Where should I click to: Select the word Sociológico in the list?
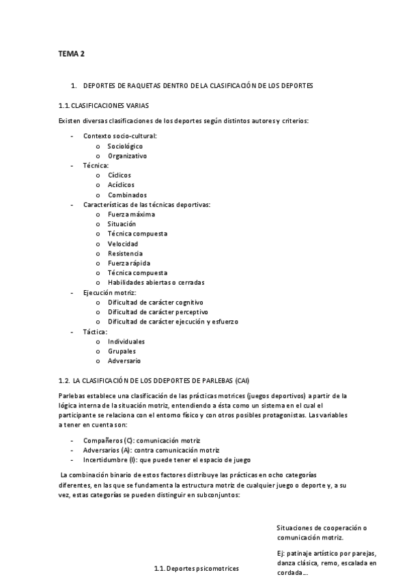point(125,146)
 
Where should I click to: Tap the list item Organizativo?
point(127,156)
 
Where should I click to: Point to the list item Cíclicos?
point(119,175)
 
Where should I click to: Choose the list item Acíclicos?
point(121,185)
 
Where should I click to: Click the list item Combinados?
point(127,195)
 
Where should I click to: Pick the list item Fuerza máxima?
point(131,214)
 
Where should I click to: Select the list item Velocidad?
point(122,244)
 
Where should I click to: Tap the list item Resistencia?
point(125,253)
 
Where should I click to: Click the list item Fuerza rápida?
point(128,263)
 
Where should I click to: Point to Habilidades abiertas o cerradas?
point(156,283)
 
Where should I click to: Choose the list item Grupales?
point(122,351)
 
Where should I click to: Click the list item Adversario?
point(124,361)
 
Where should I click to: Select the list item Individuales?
point(126,341)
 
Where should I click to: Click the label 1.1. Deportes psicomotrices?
point(197,568)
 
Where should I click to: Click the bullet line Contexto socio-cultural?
point(119,136)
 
